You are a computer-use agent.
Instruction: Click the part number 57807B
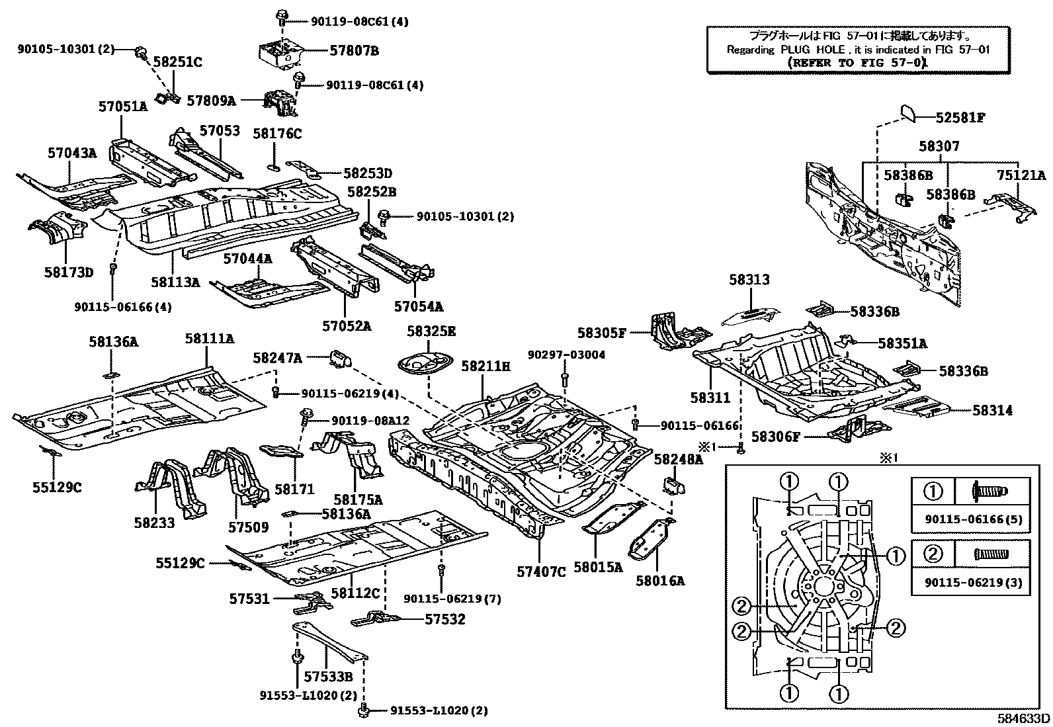click(x=354, y=50)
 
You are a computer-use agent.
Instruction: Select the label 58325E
click(x=431, y=331)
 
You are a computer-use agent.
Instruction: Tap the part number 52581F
click(x=960, y=118)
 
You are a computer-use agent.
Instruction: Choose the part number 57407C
click(x=541, y=572)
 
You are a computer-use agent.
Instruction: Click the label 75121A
click(x=1021, y=175)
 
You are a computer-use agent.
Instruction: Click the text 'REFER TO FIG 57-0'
click(x=857, y=62)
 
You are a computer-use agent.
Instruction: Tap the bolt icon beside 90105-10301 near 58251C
click(x=140, y=50)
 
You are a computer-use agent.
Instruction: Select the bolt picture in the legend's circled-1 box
click(x=990, y=492)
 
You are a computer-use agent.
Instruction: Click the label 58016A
click(x=660, y=581)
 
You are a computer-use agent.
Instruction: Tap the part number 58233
click(x=154, y=523)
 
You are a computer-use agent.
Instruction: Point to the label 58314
click(x=992, y=410)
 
